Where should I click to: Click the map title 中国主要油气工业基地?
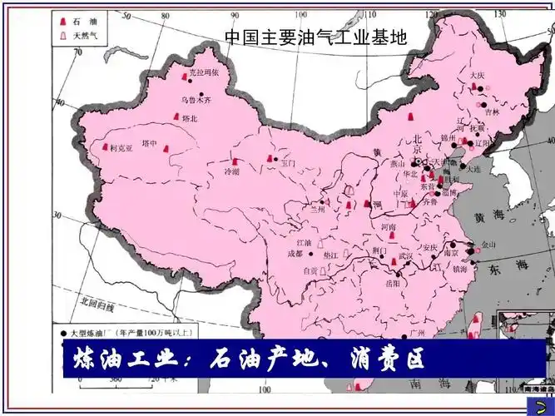click(316, 37)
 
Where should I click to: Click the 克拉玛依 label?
click(205, 72)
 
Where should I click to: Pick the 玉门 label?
click(287, 164)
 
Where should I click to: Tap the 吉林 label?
click(492, 111)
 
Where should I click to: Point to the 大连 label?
click(474, 168)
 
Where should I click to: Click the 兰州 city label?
click(316, 209)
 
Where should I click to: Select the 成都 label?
click(295, 253)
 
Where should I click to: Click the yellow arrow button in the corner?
click(543, 403)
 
